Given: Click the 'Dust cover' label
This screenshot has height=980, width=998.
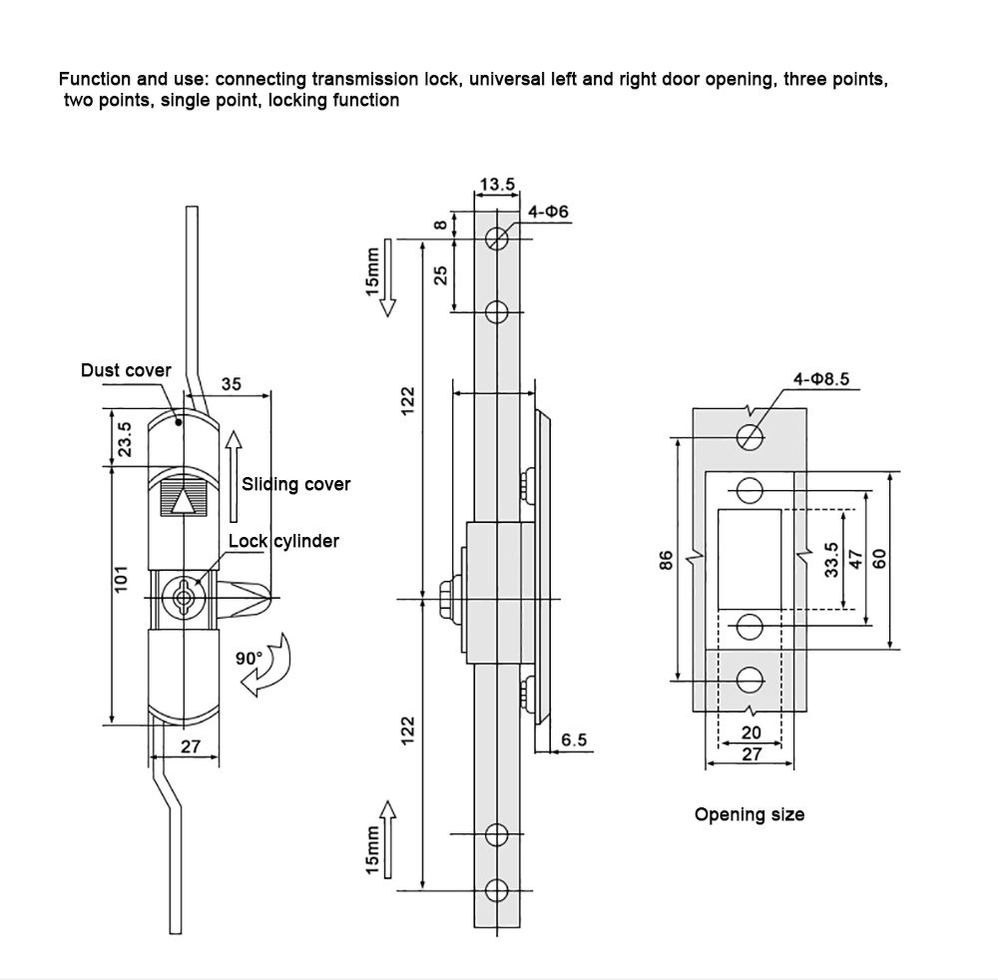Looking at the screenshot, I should coord(126,370).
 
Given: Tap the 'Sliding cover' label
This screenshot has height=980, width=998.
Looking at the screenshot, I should coord(296,484).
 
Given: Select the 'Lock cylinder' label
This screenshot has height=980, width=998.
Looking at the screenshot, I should coord(283,541).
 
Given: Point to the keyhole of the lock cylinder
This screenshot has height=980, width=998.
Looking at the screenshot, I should coord(182,597).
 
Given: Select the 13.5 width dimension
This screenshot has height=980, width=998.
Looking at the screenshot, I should coord(497,185).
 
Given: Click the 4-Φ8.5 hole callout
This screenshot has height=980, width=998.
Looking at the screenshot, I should coord(820,379).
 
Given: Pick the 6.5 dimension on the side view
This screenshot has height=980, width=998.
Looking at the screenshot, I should coord(575,739).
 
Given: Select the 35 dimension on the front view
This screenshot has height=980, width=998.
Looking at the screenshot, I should coord(231,383).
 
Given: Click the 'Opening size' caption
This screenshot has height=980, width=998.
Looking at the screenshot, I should coord(749,814).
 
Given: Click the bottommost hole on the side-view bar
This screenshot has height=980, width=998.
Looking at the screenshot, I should coord(497,887).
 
